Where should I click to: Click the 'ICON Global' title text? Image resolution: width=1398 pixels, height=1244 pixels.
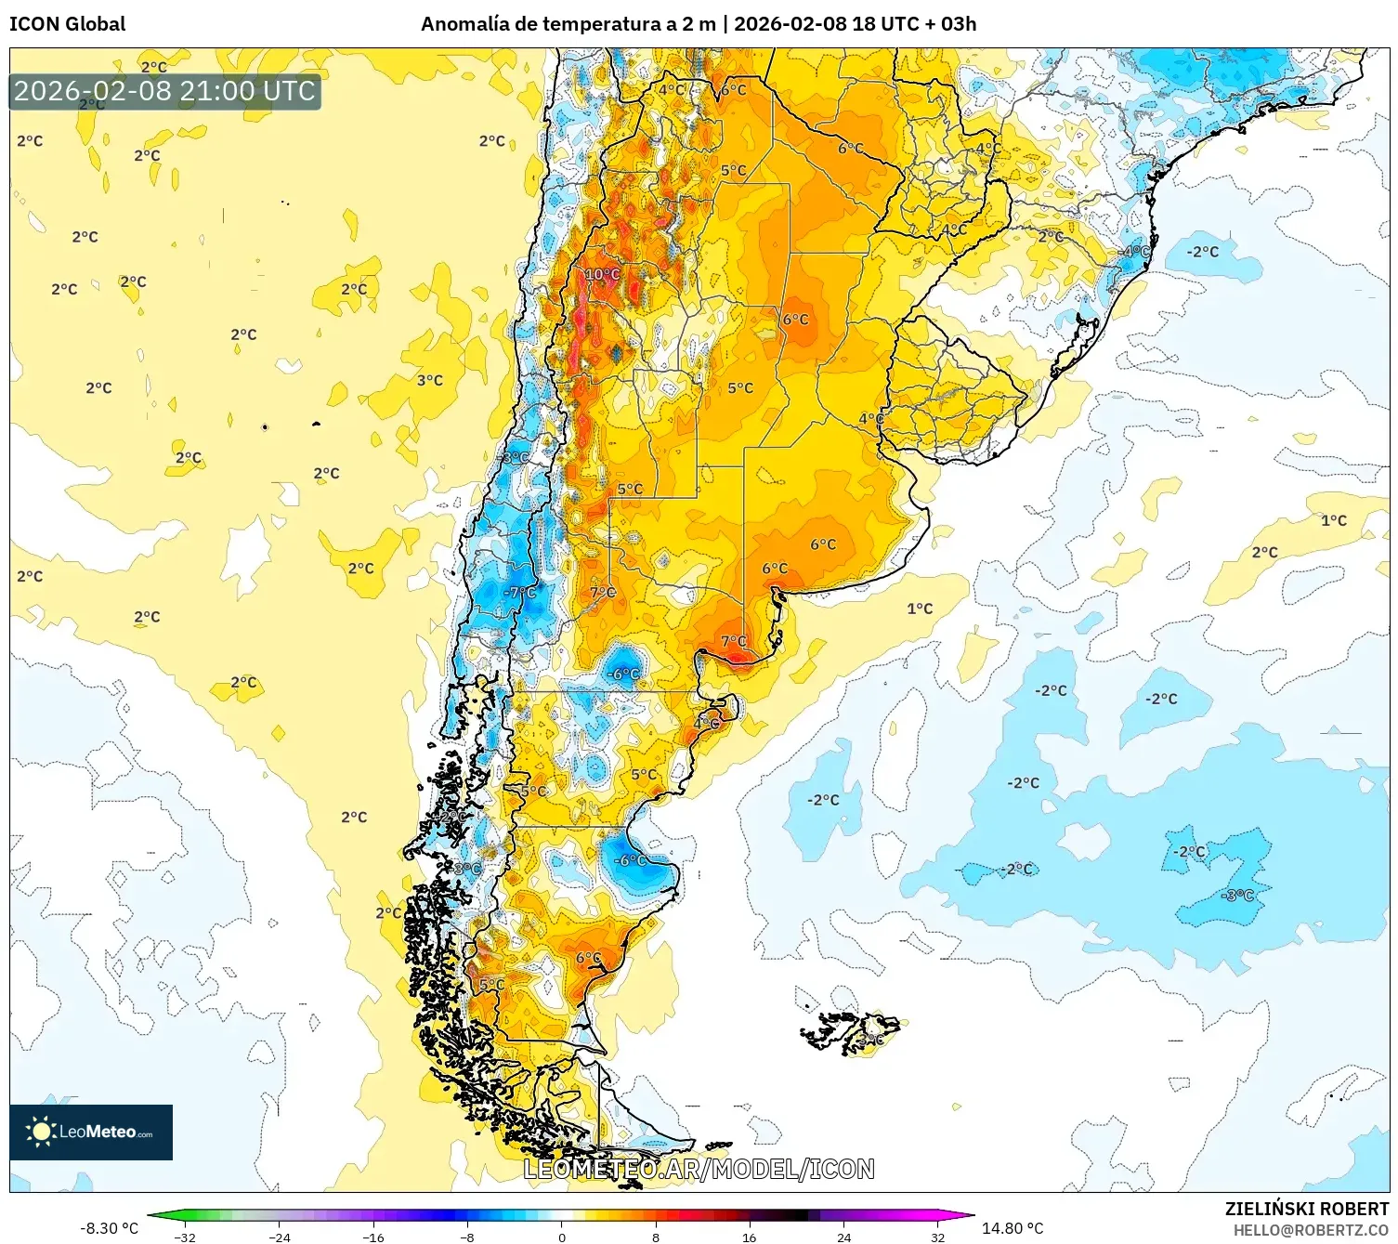67,24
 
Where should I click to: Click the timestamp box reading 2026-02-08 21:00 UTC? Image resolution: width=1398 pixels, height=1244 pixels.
164,91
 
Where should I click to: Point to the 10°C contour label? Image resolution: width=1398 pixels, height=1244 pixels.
602,274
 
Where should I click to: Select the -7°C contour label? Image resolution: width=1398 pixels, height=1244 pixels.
520,592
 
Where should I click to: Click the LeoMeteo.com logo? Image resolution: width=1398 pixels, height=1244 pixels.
91,1132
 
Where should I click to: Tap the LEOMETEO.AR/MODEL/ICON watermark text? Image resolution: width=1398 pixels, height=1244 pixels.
699,1169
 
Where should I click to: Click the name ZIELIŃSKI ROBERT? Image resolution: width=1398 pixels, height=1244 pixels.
1306,1209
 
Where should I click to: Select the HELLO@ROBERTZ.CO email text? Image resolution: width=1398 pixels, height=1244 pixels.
1311,1230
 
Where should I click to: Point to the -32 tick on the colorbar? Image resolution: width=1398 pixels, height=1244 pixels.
185,1237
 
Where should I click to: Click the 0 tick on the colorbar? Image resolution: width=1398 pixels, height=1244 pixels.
561,1237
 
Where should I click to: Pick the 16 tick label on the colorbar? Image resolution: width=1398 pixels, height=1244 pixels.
749,1237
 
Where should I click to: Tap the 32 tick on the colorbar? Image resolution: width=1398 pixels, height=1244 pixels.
937,1237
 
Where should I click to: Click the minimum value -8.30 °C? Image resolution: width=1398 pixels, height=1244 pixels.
109,1228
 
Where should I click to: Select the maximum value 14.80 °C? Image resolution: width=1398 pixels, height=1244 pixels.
1013,1228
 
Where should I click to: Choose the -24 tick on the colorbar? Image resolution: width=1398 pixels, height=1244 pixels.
279,1237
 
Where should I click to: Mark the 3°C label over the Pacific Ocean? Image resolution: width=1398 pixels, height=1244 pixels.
429,380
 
